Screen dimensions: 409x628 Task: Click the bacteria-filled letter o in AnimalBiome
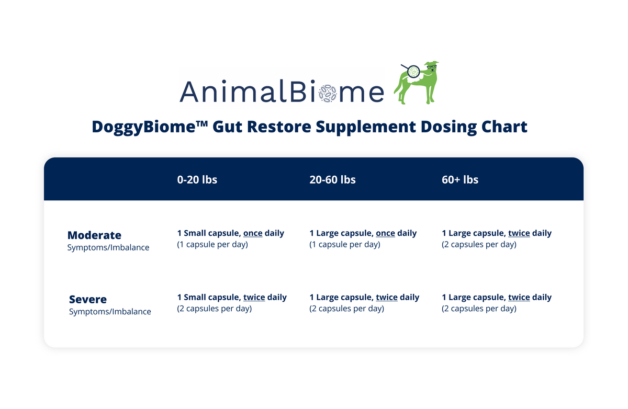[328, 93]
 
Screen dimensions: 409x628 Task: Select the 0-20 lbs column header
[197, 179]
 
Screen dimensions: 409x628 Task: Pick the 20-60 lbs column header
[332, 179]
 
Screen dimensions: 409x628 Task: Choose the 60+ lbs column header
[460, 179]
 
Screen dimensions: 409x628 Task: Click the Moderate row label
[94, 235]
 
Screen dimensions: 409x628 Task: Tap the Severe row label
[88, 299]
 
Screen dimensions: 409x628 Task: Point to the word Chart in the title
[504, 127]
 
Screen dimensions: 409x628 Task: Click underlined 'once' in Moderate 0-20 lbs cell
[253, 233]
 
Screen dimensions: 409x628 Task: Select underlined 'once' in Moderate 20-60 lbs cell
[385, 233]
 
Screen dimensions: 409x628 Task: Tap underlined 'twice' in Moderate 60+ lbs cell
[519, 233]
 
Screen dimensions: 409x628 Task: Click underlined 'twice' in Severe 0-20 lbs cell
[254, 297]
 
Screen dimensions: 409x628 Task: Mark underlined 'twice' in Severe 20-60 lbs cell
[387, 297]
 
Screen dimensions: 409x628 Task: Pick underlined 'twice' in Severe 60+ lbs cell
[519, 297]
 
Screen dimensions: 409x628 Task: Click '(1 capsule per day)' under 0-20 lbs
[212, 245]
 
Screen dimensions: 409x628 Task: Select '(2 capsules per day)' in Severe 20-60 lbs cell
[346, 309]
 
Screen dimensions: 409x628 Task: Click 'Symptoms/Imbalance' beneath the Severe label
[110, 312]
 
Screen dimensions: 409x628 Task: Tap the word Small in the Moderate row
[195, 233]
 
